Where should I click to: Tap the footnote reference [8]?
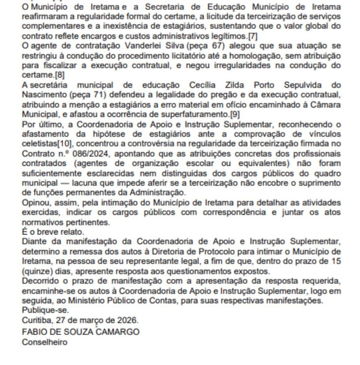click(59, 75)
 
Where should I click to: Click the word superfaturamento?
click(195, 114)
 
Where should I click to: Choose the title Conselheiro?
click(45, 342)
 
